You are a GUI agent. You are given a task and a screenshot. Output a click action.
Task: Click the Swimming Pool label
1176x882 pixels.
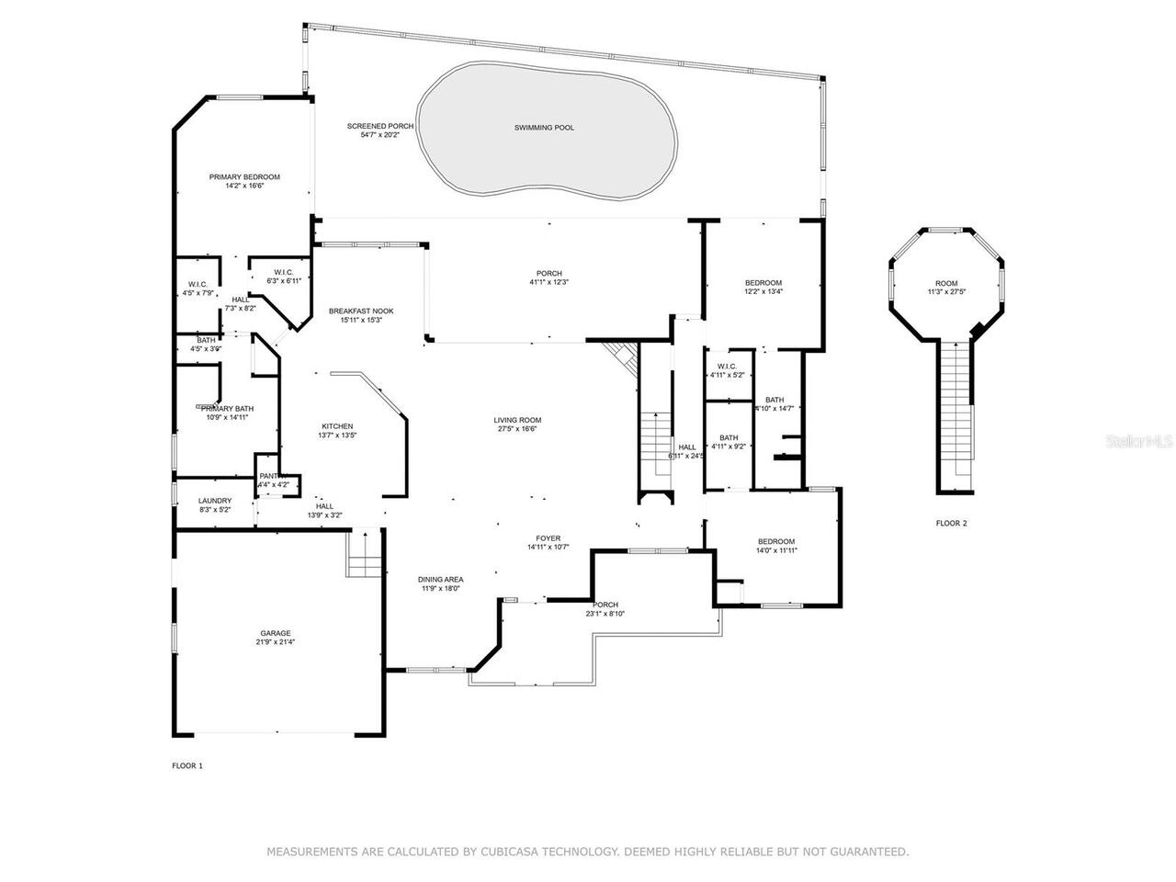click(544, 128)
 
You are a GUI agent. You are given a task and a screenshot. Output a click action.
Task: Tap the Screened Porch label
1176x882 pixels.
click(379, 126)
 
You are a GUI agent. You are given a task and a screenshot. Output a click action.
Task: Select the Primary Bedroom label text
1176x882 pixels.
click(244, 177)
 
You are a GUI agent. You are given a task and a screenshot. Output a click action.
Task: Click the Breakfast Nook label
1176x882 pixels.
click(361, 312)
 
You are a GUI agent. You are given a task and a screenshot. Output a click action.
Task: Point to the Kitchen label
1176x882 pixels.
click(337, 426)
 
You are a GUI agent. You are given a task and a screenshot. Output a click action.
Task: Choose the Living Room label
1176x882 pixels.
click(518, 420)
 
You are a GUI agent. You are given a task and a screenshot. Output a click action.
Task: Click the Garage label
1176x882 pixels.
click(276, 633)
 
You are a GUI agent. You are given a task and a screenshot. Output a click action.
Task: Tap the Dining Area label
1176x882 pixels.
click(441, 580)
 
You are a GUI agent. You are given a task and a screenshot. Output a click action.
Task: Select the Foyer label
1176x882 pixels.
click(548, 538)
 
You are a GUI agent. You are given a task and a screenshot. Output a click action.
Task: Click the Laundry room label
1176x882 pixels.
click(215, 501)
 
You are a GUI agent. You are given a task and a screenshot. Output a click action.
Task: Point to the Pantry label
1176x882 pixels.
click(274, 476)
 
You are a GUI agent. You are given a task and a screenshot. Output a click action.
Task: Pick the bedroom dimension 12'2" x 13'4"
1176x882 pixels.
click(763, 291)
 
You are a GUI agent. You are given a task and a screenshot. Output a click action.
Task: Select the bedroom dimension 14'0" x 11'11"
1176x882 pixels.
click(776, 551)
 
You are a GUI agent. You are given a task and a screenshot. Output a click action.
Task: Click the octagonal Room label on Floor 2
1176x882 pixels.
click(946, 283)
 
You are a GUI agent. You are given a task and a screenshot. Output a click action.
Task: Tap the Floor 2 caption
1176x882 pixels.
click(951, 524)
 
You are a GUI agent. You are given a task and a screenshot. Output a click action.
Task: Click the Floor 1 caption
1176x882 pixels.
click(187, 765)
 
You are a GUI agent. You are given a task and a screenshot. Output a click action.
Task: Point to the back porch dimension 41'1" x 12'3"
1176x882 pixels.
click(549, 282)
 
